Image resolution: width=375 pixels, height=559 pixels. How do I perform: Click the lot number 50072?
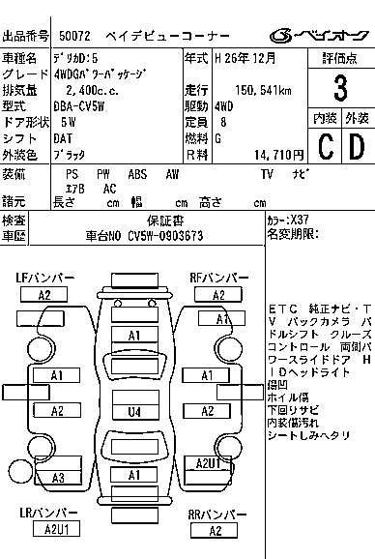point(75,36)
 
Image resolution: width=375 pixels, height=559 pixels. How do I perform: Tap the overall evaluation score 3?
point(339,90)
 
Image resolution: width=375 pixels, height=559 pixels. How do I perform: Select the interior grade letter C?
point(326,147)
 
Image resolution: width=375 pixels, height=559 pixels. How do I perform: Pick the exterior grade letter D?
point(357,147)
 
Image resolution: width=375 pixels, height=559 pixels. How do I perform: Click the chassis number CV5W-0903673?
point(155,235)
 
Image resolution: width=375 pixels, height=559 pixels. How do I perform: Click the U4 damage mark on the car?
point(134,411)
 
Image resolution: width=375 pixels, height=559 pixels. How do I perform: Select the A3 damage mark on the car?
point(57,477)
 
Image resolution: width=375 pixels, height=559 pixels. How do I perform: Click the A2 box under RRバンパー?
point(216,530)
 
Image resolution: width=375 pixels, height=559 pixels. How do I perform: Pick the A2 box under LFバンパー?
point(43,295)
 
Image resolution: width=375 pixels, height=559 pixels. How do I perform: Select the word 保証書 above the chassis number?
point(154,220)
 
